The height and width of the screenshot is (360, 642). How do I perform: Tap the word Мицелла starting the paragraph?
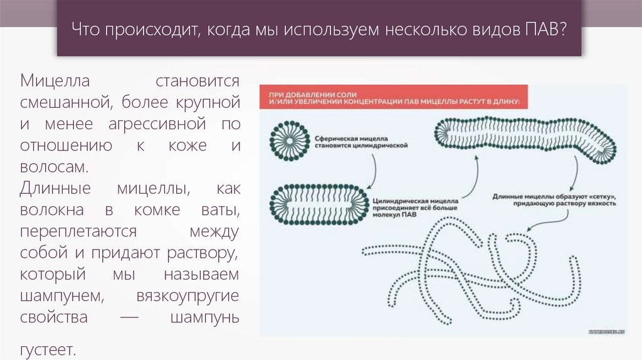pyautogui.click(x=56, y=81)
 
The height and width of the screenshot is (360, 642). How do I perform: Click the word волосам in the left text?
pyautogui.click(x=52, y=167)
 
